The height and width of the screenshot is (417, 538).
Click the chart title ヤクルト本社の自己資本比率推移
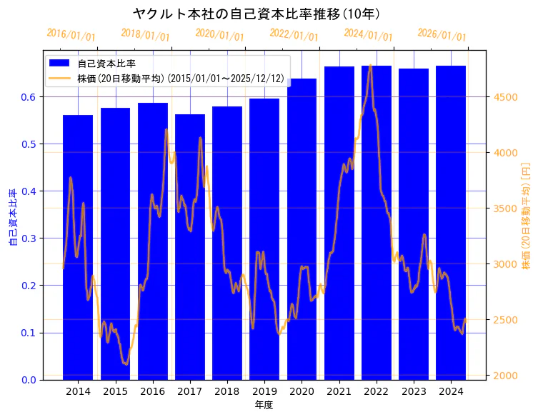[x=256, y=14]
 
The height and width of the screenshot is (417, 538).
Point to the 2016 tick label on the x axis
[x=152, y=391]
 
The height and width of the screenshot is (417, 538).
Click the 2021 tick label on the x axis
[x=339, y=391]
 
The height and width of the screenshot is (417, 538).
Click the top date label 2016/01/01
[x=71, y=34]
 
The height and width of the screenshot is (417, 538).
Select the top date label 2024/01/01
[x=368, y=34]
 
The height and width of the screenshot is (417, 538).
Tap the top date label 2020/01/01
[x=219, y=34]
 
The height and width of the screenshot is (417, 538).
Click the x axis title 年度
[x=264, y=405]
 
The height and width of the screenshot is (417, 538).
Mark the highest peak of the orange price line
[x=369, y=66]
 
